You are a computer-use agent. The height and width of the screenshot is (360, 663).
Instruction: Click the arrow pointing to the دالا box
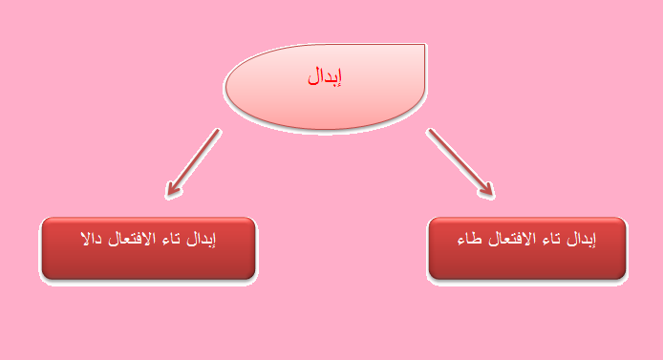tap(193, 162)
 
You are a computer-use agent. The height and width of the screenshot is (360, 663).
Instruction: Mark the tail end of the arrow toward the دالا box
tap(219, 132)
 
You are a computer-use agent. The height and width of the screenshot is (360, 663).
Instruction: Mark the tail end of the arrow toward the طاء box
tap(429, 131)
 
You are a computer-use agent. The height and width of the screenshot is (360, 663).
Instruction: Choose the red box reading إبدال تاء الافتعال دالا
tap(148, 248)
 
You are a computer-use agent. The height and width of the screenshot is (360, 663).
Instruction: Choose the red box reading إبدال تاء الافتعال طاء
tap(526, 248)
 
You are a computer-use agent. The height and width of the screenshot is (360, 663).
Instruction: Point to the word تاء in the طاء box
tap(547, 238)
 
